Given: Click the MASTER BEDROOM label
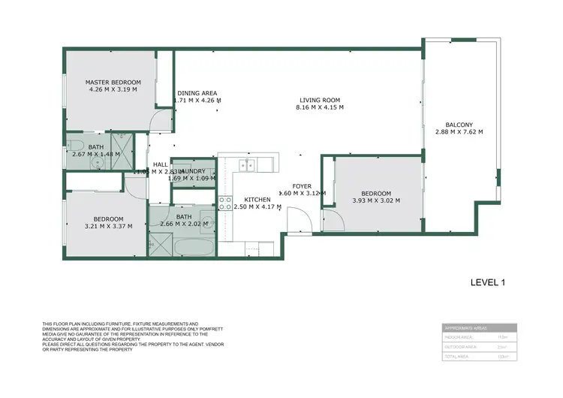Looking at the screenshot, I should (113, 82).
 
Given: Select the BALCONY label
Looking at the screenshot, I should (459, 125).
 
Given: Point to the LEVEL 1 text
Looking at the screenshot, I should (487, 282).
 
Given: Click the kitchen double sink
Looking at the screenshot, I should (248, 165).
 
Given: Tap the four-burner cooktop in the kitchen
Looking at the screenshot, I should (225, 203).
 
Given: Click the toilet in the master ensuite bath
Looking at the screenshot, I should (74, 144).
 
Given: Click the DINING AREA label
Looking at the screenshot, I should (197, 93).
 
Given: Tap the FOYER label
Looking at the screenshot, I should (302, 185).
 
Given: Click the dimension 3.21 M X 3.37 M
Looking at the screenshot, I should (108, 225).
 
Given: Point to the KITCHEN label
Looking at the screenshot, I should (257, 199).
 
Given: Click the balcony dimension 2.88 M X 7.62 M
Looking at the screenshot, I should (459, 132).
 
